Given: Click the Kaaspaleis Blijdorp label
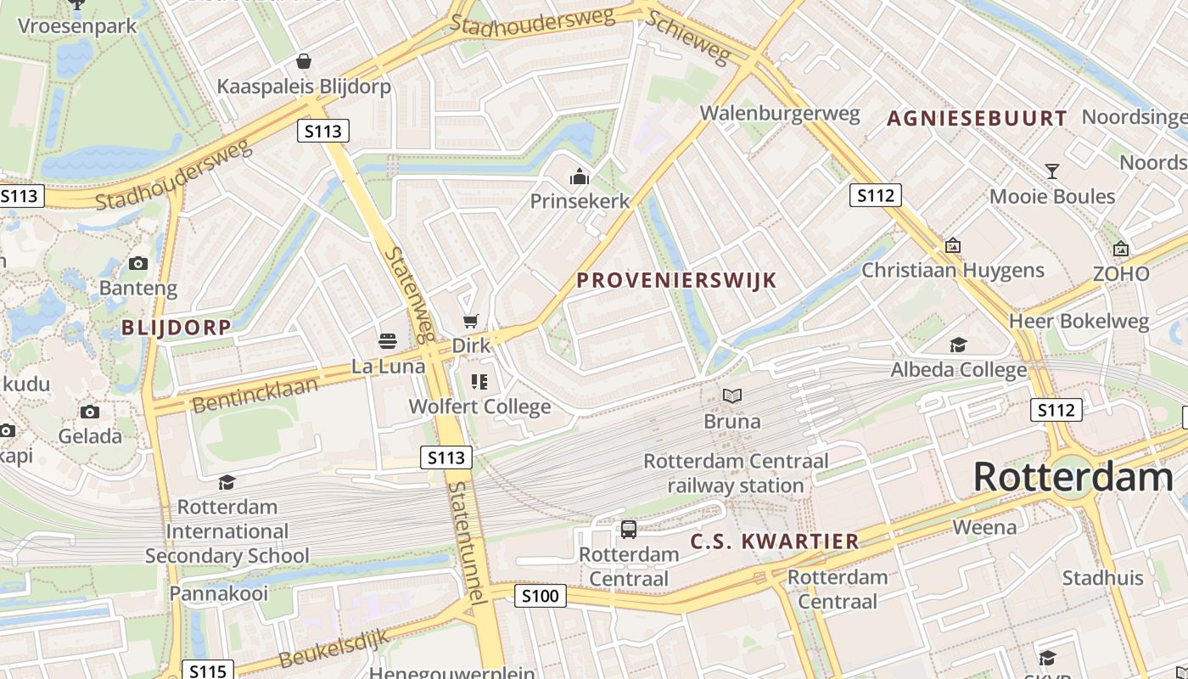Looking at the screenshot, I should click(304, 87).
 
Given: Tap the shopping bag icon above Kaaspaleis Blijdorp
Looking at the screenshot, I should click(303, 61).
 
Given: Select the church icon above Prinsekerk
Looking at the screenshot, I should click(580, 177).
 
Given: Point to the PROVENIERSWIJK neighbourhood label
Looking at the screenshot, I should click(676, 280).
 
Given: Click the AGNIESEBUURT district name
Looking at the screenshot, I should click(977, 119).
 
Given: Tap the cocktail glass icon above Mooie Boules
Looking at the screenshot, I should click(1052, 171).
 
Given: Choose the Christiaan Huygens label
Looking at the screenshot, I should click(953, 271).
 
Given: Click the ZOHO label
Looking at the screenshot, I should click(1121, 274).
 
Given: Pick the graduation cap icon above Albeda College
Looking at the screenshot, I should click(958, 345).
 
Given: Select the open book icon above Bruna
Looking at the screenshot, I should click(731, 396).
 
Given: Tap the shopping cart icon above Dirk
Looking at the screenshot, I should click(471, 321).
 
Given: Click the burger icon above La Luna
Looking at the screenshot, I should click(388, 341).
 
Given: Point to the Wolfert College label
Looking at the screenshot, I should click(479, 407).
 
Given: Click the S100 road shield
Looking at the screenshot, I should click(541, 596).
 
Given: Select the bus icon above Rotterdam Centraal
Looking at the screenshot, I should click(628, 530).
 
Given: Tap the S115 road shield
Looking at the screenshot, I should click(207, 671).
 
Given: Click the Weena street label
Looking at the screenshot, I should click(984, 527).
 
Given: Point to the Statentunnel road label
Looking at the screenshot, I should click(468, 543).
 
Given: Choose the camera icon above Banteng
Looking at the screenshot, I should click(138, 263).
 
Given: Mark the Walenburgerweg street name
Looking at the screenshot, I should click(779, 114).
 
